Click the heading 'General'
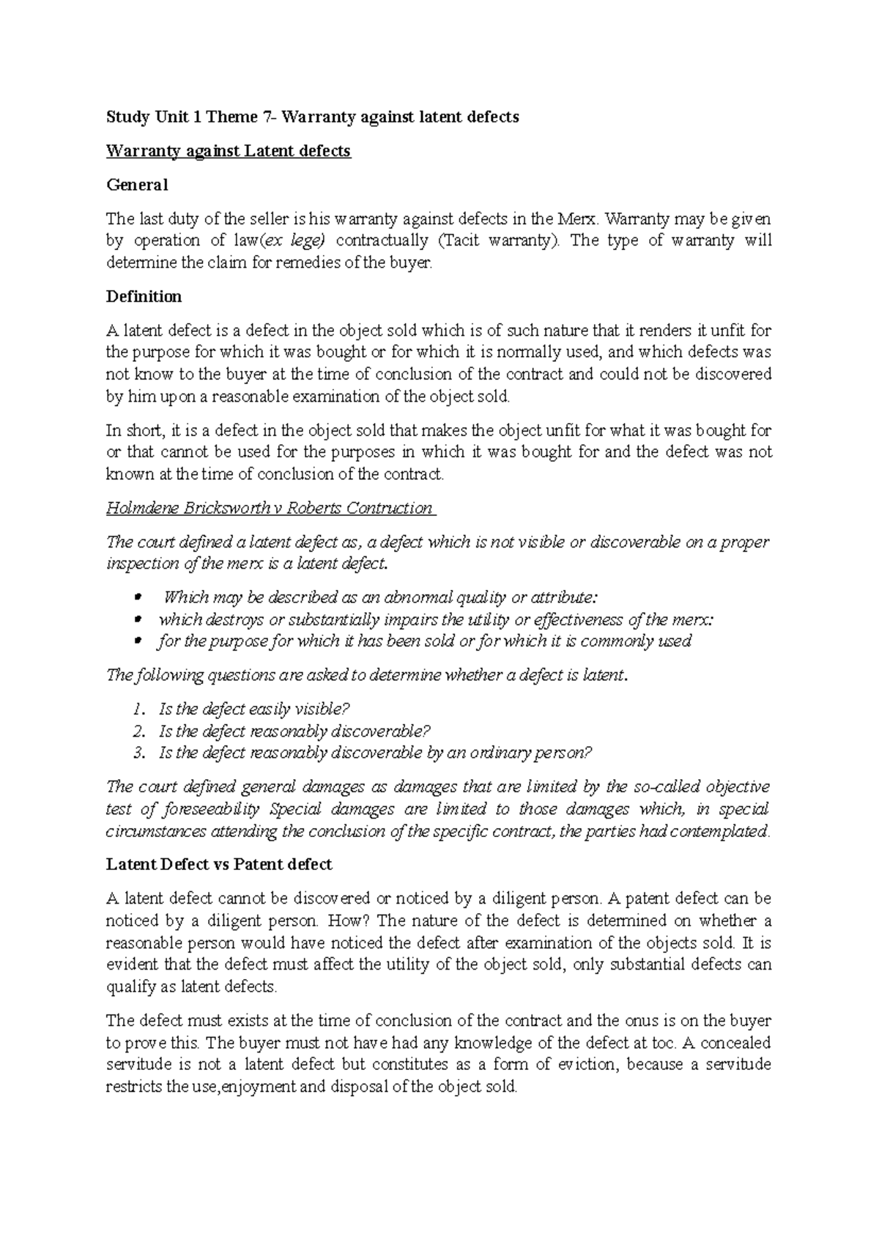coord(137,185)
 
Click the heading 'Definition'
coord(144,297)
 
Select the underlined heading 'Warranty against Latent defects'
coord(229,152)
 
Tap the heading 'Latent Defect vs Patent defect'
coord(219,865)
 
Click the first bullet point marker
coord(138,598)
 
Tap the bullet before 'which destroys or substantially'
coord(138,620)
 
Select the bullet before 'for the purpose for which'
coord(138,642)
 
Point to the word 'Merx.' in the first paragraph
coord(579,219)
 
